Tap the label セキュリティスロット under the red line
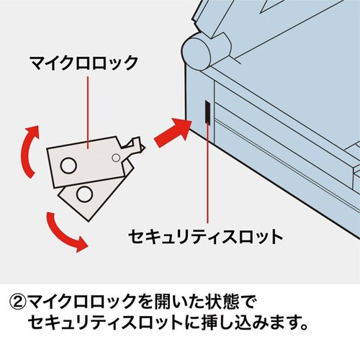click(x=205, y=235)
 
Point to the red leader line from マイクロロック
click(x=87, y=108)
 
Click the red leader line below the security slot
click(x=207, y=173)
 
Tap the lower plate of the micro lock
click(x=94, y=194)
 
